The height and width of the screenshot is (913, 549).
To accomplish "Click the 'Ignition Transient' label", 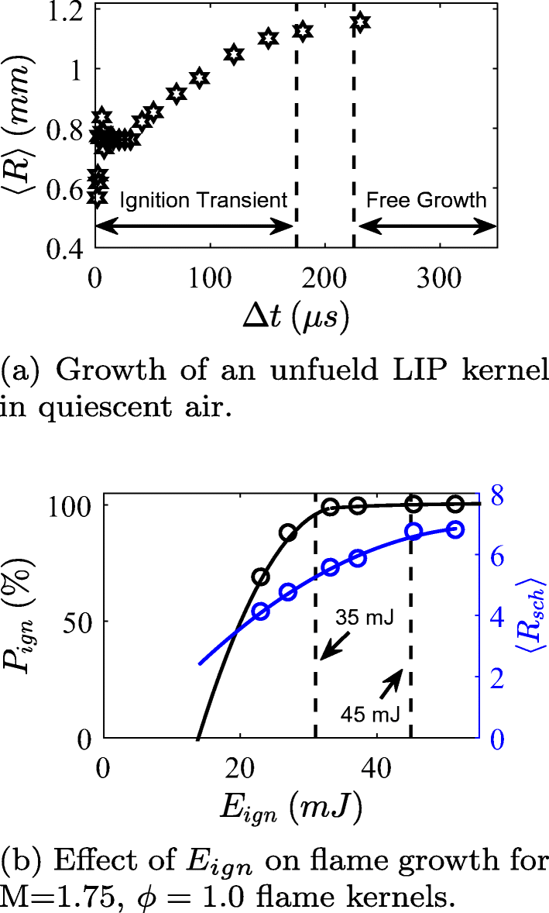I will click(203, 201).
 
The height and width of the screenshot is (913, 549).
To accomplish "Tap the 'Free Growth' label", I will click(426, 201).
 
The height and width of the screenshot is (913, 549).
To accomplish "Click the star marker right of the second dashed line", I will click(359, 22).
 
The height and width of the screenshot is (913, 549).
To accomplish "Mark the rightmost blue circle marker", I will click(455, 530).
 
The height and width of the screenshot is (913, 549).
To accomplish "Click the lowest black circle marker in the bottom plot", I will click(261, 577).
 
